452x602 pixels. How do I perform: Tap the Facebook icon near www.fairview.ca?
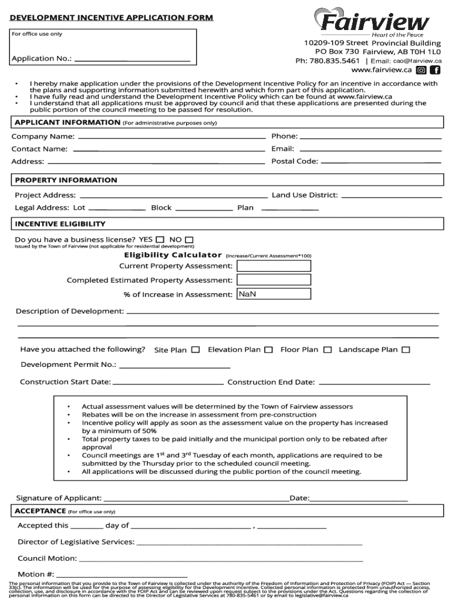pos(435,70)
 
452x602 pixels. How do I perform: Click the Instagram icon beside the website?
pos(421,70)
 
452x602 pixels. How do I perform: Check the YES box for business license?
pos(160,240)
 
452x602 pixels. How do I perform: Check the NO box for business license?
pos(189,240)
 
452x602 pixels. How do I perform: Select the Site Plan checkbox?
pos(195,350)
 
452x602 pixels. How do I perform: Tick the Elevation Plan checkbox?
pos(268,350)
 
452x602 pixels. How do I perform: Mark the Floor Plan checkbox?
pos(328,350)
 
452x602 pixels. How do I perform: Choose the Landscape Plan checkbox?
pos(406,350)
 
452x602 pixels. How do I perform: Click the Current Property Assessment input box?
pos(274,266)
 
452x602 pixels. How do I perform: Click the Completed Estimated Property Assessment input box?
pos(274,280)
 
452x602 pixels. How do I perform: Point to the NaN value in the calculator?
pos(248,294)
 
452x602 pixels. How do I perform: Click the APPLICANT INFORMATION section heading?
pos(68,122)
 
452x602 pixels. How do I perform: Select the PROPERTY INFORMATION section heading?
pos(66,180)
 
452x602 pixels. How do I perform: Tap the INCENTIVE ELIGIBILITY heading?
pos(60,224)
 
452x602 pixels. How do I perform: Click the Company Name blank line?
pos(171,137)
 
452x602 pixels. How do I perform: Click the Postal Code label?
pos(295,161)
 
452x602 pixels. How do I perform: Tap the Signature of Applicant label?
pos(59,498)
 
